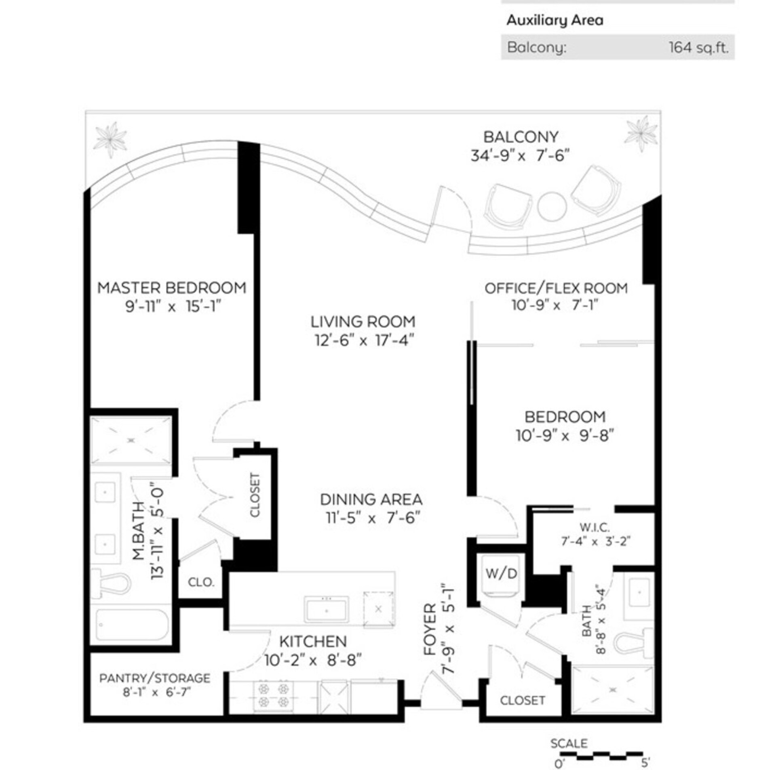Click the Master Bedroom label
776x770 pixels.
tap(171, 288)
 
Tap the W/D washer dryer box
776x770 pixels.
tap(501, 574)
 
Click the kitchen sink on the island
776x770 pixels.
tap(327, 610)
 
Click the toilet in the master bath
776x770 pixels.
tap(109, 583)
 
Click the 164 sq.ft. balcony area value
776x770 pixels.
tap(698, 48)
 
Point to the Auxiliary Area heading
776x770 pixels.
tap(555, 20)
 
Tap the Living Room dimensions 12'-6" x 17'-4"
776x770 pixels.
tap(364, 340)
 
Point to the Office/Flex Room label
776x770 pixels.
tap(556, 288)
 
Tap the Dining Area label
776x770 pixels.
tap(371, 499)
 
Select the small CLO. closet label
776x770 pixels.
tap(201, 582)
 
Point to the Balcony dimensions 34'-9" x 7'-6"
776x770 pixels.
tap(520, 155)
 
